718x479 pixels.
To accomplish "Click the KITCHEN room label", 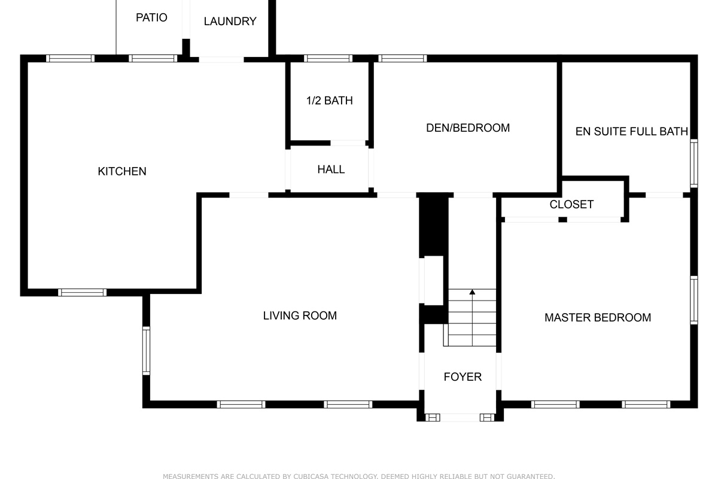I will pos(122,171).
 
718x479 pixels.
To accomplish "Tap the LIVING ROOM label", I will pos(300,316).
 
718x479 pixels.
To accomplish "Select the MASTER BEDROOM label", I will pos(597,317).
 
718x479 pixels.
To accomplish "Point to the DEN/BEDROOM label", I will pos(467,128).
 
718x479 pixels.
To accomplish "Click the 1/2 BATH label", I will pos(329,101).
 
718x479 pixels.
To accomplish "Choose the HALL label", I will pos(331,169).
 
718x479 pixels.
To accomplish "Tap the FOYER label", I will pos(463,377).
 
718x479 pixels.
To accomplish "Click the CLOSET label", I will pos(571,204).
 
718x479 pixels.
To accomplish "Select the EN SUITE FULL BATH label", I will pos(631,131).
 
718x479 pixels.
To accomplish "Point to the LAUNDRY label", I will pos(230,22).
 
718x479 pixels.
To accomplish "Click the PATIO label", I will pos(151,17).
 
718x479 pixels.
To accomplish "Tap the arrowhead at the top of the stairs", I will pos(472,292).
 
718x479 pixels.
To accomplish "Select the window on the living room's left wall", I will pos(146,350).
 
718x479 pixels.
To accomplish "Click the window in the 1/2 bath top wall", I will pos(328,59).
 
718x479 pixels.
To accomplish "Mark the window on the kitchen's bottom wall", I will pos(83,292).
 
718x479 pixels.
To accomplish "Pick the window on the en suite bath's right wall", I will pos(693,163).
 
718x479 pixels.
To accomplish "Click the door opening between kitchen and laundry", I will pos(221,59).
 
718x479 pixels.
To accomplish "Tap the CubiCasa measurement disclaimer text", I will pos(358,477).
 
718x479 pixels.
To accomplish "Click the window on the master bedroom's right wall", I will pos(693,300).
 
